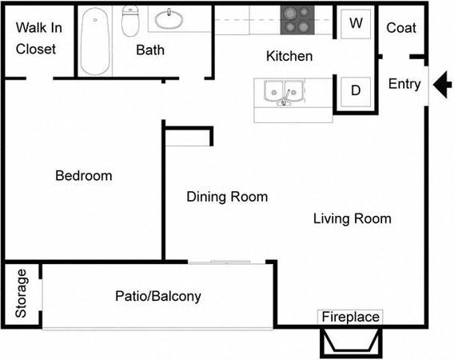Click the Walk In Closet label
pyautogui.click(x=39, y=38)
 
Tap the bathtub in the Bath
pyautogui.click(x=95, y=41)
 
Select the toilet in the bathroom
pyautogui.click(x=130, y=21)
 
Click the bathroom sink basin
pyautogui.click(x=169, y=19)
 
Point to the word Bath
pyautogui.click(x=150, y=50)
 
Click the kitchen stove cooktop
pyautogui.click(x=297, y=20)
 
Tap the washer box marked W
pyautogui.click(x=356, y=23)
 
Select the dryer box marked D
pyautogui.click(x=356, y=91)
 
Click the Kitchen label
pyautogui.click(x=289, y=56)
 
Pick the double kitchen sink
pyautogui.click(x=284, y=91)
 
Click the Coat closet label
pyautogui.click(x=401, y=28)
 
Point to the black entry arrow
pyautogui.click(x=442, y=85)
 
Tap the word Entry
pyautogui.click(x=404, y=84)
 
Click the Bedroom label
pyautogui.click(x=84, y=176)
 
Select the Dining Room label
pyautogui.click(x=227, y=197)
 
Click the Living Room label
pyautogui.click(x=352, y=219)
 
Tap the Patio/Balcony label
pyautogui.click(x=158, y=296)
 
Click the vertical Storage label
pyautogui.click(x=21, y=294)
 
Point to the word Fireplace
pyautogui.click(x=351, y=317)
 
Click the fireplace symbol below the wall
pyautogui.click(x=351, y=343)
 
